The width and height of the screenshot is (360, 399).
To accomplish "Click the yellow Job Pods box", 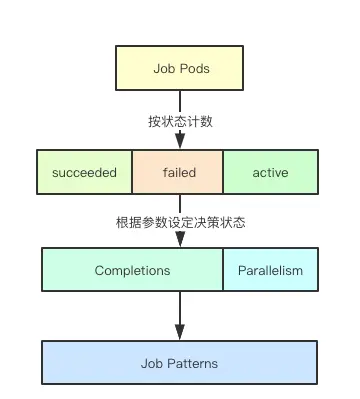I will click(180, 69).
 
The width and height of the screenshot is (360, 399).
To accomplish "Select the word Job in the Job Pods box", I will click(164, 69).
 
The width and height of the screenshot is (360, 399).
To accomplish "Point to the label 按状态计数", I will click(180, 120).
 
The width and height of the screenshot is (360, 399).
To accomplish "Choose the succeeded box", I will click(84, 172).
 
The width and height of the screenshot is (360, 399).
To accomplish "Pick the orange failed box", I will click(179, 172).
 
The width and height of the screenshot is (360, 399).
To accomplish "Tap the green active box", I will click(270, 172).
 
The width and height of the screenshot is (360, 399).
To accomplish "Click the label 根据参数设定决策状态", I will click(180, 222).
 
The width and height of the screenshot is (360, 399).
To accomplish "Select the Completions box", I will click(132, 270).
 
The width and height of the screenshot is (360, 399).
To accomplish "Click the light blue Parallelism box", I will click(270, 270).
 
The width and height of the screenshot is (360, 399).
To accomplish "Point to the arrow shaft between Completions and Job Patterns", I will click(180, 310).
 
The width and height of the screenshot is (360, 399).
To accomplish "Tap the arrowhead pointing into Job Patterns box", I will click(180, 335).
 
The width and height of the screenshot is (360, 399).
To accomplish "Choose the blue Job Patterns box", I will click(180, 363).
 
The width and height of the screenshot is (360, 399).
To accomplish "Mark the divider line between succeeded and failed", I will click(132, 172).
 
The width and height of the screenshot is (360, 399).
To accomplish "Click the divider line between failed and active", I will click(222, 172).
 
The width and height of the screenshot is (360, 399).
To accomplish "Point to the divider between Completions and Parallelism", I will click(222, 270).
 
